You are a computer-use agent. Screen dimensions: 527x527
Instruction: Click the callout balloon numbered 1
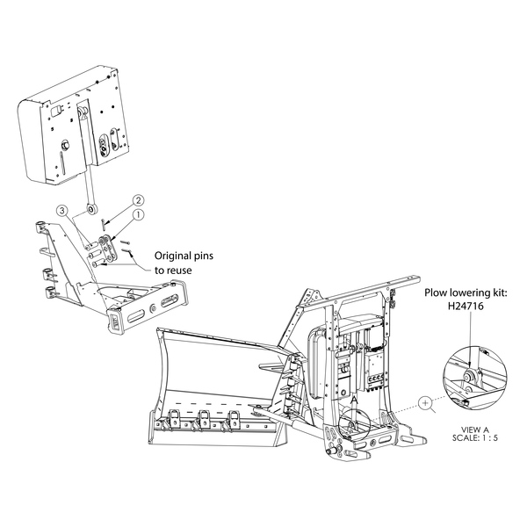coord(139,215)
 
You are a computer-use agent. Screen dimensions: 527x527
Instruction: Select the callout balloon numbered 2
coord(138,200)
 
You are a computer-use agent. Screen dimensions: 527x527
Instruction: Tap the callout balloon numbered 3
coord(61,211)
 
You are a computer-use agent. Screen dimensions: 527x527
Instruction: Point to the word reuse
coord(180,271)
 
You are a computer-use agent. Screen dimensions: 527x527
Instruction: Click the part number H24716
coord(466,306)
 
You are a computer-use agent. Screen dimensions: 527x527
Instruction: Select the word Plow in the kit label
coord(435,292)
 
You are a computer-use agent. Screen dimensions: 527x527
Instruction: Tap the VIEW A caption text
coord(475,430)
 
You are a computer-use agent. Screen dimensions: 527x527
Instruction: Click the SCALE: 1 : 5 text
coord(475,437)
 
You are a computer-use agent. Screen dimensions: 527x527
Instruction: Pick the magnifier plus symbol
coord(425,402)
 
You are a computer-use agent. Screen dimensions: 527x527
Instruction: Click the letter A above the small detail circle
coord(354,400)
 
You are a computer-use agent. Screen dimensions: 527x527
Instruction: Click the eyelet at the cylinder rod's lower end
coord(91,209)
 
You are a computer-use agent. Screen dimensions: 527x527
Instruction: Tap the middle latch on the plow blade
coord(204,418)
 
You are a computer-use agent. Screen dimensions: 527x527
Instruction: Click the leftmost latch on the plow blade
coord(175,418)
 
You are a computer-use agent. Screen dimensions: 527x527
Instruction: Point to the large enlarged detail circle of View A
coord(444,378)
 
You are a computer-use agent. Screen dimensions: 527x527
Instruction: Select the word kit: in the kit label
coord(498,292)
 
